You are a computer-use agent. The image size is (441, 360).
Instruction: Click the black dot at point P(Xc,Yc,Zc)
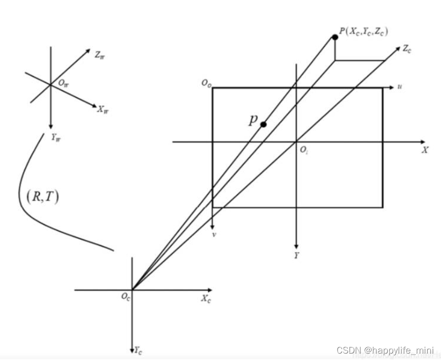coord(335,37)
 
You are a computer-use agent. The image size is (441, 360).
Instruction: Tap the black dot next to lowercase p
coord(264,124)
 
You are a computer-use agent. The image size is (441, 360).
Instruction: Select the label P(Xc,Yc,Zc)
coord(364,32)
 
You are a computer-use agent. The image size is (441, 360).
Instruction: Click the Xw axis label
coord(103,109)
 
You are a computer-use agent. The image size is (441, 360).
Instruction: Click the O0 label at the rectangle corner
coord(206,83)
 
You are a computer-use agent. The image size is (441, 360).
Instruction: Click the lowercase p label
coord(253,119)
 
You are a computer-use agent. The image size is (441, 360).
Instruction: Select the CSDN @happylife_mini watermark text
coord(385,350)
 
